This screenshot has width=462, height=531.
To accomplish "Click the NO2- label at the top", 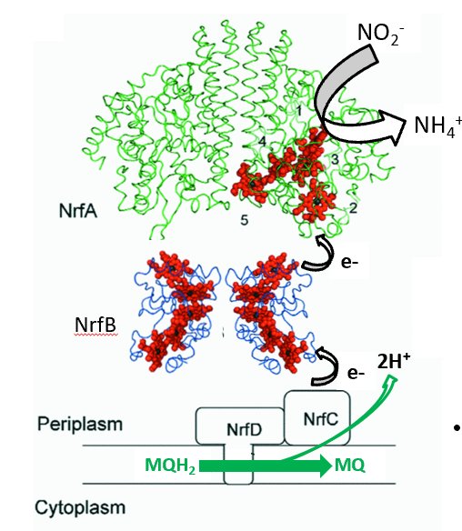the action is (x=380, y=34).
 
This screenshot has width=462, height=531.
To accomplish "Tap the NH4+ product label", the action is (x=437, y=126).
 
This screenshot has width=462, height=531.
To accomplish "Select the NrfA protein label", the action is (x=78, y=211).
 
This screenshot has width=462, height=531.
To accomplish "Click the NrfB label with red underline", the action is (x=95, y=326).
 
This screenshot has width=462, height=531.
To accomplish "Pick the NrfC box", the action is (x=317, y=418).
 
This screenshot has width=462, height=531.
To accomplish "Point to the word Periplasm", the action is (x=80, y=424).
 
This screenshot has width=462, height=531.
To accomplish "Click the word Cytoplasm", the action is (x=80, y=507).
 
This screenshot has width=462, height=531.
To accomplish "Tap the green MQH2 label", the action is (x=170, y=466).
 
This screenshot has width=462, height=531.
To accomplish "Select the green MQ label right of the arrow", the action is (x=350, y=466).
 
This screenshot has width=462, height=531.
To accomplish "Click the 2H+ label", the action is (x=394, y=361).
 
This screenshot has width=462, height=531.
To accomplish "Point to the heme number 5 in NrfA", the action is (x=245, y=220).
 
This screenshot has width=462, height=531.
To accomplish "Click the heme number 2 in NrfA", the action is (x=353, y=208).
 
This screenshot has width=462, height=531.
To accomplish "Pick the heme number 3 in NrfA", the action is (x=335, y=159).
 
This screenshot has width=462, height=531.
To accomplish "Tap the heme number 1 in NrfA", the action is (x=298, y=110).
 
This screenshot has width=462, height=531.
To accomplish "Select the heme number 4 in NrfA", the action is (x=263, y=142).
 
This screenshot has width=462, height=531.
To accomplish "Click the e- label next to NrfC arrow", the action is (x=356, y=373).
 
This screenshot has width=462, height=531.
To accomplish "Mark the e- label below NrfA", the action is (x=349, y=263).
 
